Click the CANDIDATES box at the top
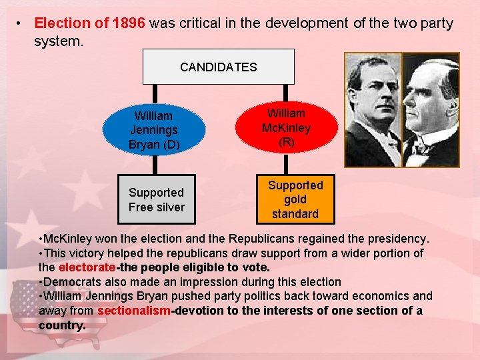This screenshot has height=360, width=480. coord(218,67)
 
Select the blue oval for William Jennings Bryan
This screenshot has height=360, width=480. coord(153,130)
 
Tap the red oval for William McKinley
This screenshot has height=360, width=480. coord(286,127)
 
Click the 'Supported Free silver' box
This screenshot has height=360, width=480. coord(157,199)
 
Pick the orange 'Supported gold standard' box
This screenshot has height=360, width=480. coord(295,199)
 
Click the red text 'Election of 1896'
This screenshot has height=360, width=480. coord(89,23)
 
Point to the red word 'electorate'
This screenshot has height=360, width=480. coord(87,268)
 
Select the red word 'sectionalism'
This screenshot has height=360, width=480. coord(133,311)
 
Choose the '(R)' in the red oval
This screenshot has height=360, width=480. coord(286,142)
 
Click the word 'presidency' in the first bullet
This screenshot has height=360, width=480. coord(396,239)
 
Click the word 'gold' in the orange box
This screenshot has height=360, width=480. coord(295,199)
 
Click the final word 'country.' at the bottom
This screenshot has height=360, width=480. coord(62,325)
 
